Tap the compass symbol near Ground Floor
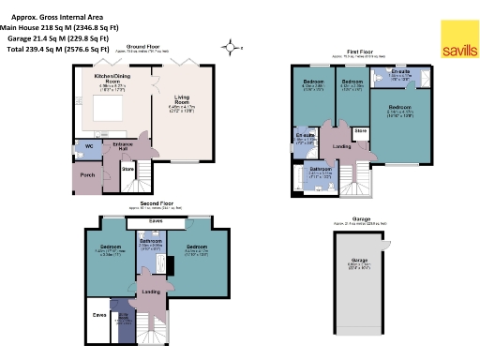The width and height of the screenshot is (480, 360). pyautogui.click(x=229, y=44)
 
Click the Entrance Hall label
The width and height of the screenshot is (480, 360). pyautogui.click(x=121, y=145)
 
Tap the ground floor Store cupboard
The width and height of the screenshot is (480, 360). pyautogui.click(x=128, y=168)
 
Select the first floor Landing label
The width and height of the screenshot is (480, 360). pyautogui.click(x=342, y=145)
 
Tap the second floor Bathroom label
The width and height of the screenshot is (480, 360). pyautogui.click(x=150, y=241)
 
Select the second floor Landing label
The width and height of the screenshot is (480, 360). pyautogui.click(x=150, y=291)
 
